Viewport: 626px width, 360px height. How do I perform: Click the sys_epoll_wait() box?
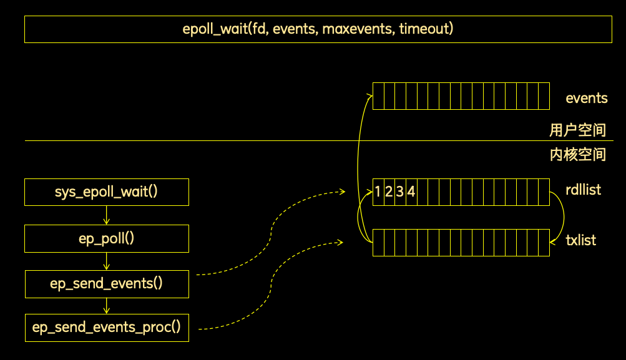point(107,192)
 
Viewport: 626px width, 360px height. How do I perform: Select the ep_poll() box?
point(107,239)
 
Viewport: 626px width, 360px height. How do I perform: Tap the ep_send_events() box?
point(107,284)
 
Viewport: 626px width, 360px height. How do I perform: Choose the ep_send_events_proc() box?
point(107,328)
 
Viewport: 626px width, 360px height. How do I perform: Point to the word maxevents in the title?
point(358,29)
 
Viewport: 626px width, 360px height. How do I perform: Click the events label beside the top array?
point(587,98)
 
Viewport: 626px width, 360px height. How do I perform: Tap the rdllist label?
point(584,190)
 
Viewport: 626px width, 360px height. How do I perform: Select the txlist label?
point(581,240)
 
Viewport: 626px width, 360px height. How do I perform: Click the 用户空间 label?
point(578,130)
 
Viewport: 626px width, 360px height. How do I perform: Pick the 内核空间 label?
point(578,155)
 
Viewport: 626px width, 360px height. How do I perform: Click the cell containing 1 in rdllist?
point(378,192)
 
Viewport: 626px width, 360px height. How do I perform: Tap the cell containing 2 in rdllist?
point(389,192)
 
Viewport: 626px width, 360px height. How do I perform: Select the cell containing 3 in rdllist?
point(401,192)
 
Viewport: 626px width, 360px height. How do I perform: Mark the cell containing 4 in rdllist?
point(411,192)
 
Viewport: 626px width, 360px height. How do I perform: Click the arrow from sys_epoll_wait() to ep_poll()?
point(106,215)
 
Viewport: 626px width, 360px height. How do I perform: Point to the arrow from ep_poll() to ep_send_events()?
point(106,261)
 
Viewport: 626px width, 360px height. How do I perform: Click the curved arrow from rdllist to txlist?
point(564,217)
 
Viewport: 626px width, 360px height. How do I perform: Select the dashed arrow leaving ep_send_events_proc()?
point(271,285)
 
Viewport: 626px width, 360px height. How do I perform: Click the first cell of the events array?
point(378,96)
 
